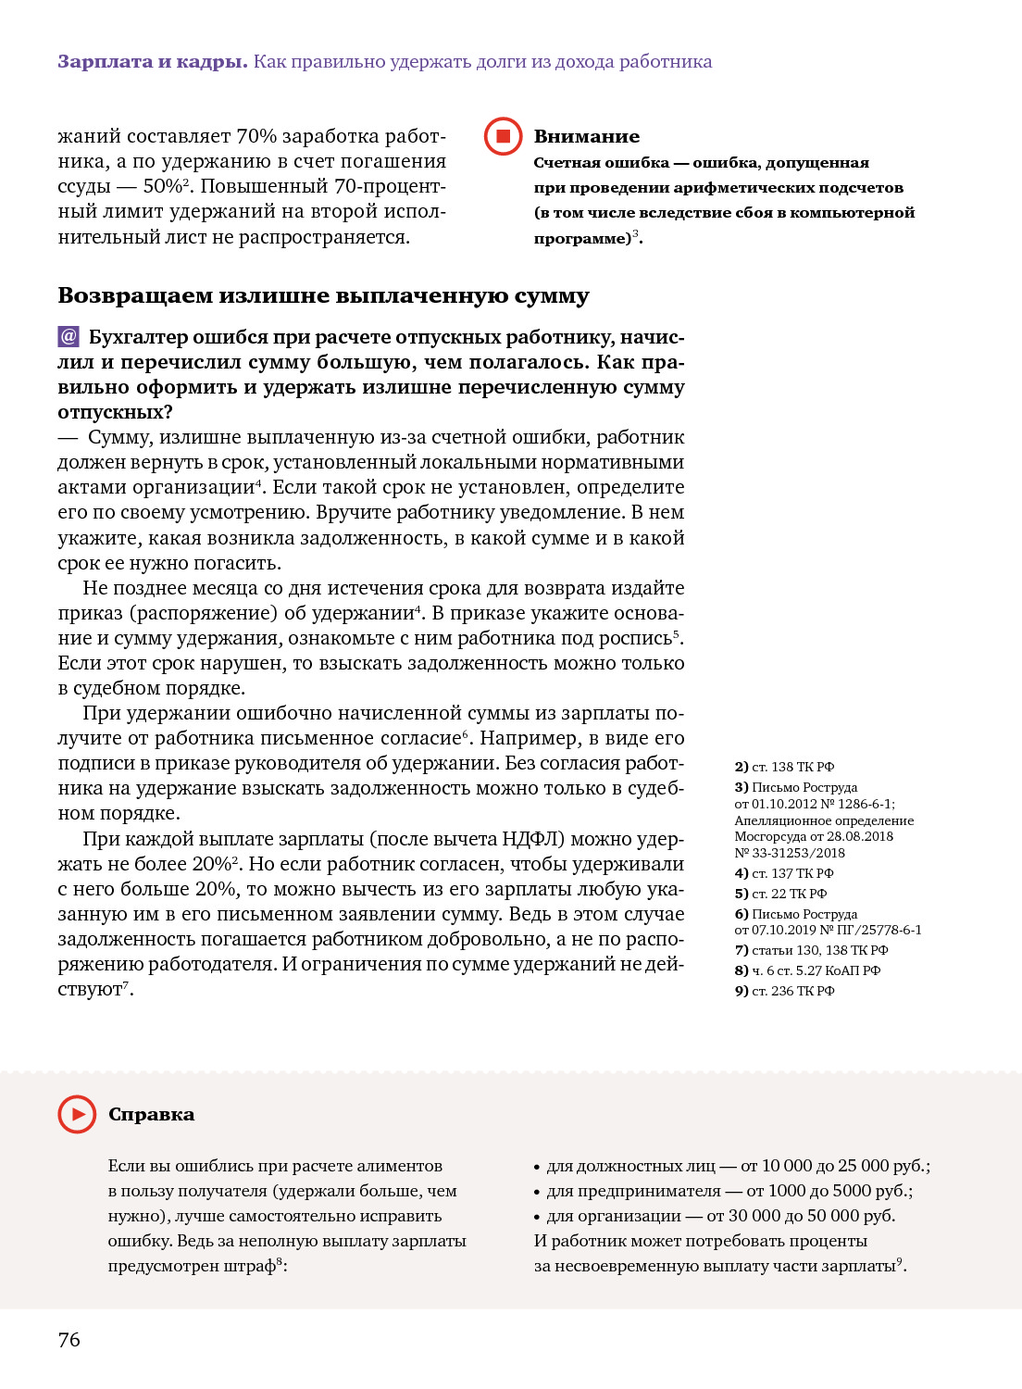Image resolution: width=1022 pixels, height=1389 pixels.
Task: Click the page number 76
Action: click(69, 1339)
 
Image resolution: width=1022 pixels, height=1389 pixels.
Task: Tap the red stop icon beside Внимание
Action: click(504, 136)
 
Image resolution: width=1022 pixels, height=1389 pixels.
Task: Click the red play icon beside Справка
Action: click(77, 1114)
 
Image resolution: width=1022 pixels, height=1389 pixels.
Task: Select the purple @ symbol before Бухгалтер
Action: click(69, 336)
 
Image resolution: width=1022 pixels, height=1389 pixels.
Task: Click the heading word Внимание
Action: click(586, 136)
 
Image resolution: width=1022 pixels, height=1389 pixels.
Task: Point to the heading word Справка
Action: click(151, 1114)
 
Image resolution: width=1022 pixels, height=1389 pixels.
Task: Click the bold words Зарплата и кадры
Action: click(152, 62)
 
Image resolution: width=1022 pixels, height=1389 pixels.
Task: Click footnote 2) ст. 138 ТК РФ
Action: click(784, 767)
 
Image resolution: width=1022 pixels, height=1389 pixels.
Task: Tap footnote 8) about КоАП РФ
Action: click(807, 970)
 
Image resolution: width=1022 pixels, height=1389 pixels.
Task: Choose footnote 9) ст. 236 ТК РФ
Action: click(784, 991)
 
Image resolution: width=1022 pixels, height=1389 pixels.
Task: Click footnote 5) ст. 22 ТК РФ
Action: click(780, 894)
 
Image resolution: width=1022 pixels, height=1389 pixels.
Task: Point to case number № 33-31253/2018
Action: click(790, 853)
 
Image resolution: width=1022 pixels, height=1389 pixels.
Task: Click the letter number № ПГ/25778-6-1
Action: click(870, 930)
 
